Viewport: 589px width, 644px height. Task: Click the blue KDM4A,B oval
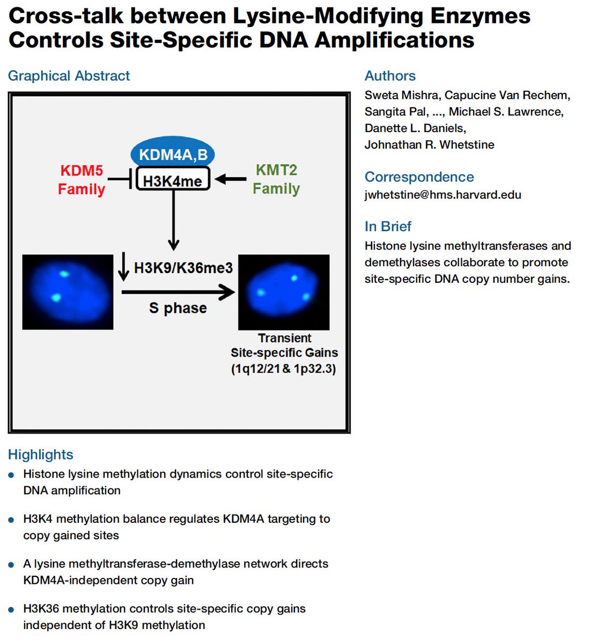[173, 154]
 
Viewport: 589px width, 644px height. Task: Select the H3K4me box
[173, 180]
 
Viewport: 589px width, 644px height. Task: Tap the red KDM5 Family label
[82, 180]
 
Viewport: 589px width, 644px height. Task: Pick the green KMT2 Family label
[276, 179]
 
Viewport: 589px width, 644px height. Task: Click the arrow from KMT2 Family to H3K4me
[231, 180]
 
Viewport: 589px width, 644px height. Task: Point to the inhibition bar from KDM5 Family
[121, 180]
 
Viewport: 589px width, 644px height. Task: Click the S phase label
[178, 308]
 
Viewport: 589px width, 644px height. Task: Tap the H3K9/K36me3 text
[183, 268]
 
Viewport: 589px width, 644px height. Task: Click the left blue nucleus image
[68, 292]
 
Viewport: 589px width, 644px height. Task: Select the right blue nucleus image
[284, 292]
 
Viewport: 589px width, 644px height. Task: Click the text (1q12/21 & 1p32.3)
[284, 369]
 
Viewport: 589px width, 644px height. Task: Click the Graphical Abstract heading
[69, 76]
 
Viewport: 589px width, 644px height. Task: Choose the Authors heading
[390, 76]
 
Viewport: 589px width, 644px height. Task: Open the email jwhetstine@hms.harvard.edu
[443, 195]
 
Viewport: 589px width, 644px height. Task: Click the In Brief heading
[388, 226]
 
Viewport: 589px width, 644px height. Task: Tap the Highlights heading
[41, 455]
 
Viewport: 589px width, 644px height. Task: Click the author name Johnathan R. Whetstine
[429, 144]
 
